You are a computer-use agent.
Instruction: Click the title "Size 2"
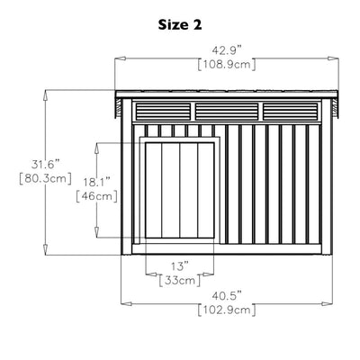point(180,25)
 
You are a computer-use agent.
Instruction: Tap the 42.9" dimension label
point(227,50)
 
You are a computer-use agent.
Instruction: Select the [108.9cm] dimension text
point(227,65)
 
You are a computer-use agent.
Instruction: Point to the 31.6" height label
point(46,165)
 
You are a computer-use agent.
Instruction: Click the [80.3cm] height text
point(45,178)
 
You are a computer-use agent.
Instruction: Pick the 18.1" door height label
point(96,182)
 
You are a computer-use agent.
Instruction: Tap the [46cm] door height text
point(96,196)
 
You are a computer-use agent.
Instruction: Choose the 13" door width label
point(180,266)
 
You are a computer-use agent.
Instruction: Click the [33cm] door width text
point(180,281)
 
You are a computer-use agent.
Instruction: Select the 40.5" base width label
point(227,296)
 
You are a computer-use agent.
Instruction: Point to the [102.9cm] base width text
point(227,310)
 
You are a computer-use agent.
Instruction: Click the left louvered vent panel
point(163,112)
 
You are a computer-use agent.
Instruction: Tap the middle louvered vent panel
point(227,112)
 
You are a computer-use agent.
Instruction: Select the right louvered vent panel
point(290,112)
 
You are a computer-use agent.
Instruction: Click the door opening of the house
point(180,190)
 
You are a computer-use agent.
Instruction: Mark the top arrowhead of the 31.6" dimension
point(45,95)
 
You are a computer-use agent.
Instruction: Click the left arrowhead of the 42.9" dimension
point(120,58)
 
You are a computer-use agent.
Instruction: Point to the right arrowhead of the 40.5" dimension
point(328,304)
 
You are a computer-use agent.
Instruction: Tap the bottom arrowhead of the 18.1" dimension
point(96,232)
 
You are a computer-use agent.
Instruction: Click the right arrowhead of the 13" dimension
point(209,274)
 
